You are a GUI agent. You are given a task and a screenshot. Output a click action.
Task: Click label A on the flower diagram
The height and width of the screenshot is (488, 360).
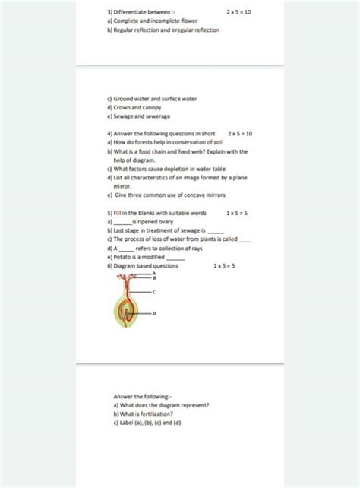tap(155, 274)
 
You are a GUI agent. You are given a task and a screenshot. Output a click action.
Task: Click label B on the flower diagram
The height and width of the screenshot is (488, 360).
tap(155, 279)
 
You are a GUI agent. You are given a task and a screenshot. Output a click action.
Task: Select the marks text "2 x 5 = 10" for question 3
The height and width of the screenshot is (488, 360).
tap(239, 13)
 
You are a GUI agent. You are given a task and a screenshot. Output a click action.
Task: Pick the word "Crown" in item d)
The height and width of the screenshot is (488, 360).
tap(124, 107)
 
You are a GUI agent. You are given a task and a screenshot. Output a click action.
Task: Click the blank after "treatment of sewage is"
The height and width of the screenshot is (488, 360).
tap(216, 230)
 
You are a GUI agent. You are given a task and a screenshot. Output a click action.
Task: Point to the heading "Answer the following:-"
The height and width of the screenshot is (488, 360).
tap(143, 396)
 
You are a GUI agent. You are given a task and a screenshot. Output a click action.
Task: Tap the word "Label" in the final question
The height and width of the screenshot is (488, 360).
tap(125, 423)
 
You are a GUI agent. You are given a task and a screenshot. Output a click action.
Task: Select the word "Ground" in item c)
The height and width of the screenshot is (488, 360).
tap(127, 99)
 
